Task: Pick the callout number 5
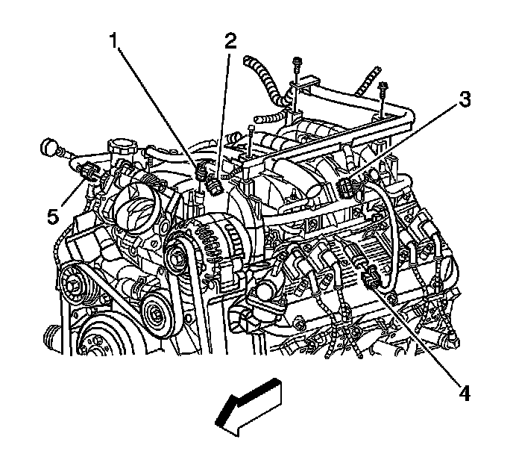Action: pyautogui.click(x=51, y=217)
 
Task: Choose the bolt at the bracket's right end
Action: pyautogui.click(x=383, y=90)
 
